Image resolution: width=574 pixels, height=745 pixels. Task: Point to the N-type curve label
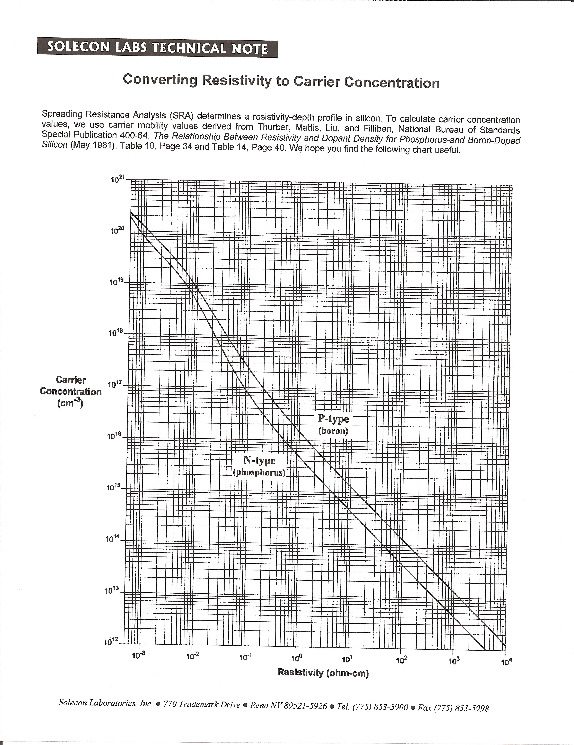[259, 461]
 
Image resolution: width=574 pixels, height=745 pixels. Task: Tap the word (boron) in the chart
[333, 431]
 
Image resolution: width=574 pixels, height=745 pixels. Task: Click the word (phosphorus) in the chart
[259, 473]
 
